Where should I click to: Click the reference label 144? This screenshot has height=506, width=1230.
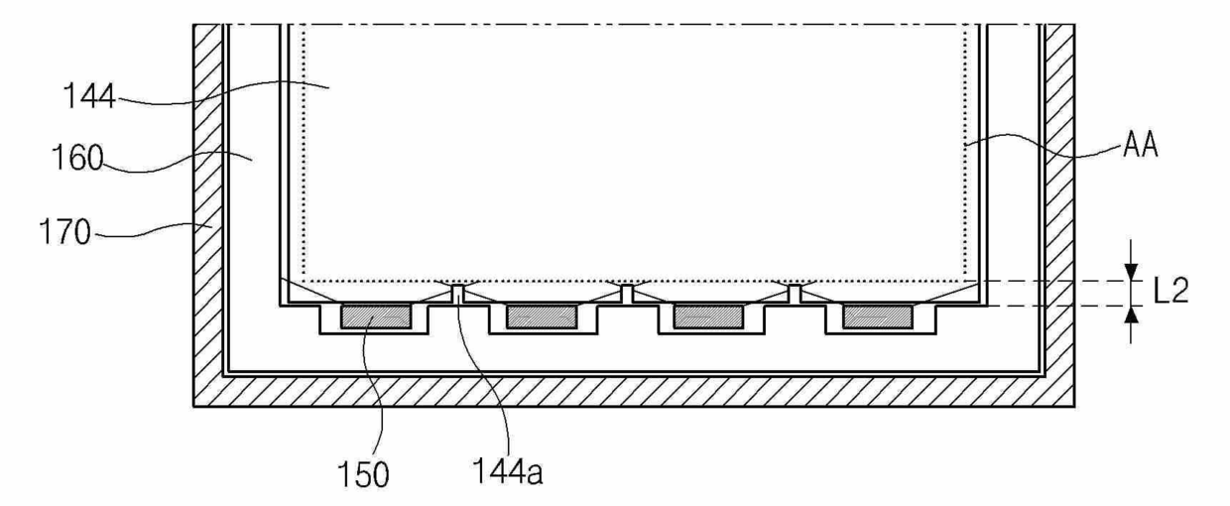tap(89, 96)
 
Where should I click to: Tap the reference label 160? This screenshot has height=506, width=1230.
tap(77, 157)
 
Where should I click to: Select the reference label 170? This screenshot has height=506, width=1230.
tap(64, 231)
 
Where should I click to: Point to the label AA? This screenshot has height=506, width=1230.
tap(1140, 146)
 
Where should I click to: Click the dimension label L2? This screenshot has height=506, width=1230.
tap(1170, 290)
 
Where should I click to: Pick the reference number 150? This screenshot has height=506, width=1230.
tap(363, 474)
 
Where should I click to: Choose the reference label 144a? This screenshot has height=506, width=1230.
tap(508, 471)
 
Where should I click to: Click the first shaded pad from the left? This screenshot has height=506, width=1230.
tap(376, 317)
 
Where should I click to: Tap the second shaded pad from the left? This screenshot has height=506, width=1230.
tap(542, 317)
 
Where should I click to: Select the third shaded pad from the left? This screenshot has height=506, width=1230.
tap(709, 317)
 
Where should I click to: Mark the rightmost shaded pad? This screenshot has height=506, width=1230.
tap(878, 317)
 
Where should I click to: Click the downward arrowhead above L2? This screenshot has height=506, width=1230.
tap(1131, 272)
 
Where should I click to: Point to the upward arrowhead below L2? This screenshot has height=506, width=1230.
tap(1131, 315)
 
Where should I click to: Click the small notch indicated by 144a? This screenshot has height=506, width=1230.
tap(458, 294)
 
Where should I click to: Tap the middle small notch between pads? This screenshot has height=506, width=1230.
tap(627, 294)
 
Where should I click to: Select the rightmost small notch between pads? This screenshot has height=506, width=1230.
tap(795, 294)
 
